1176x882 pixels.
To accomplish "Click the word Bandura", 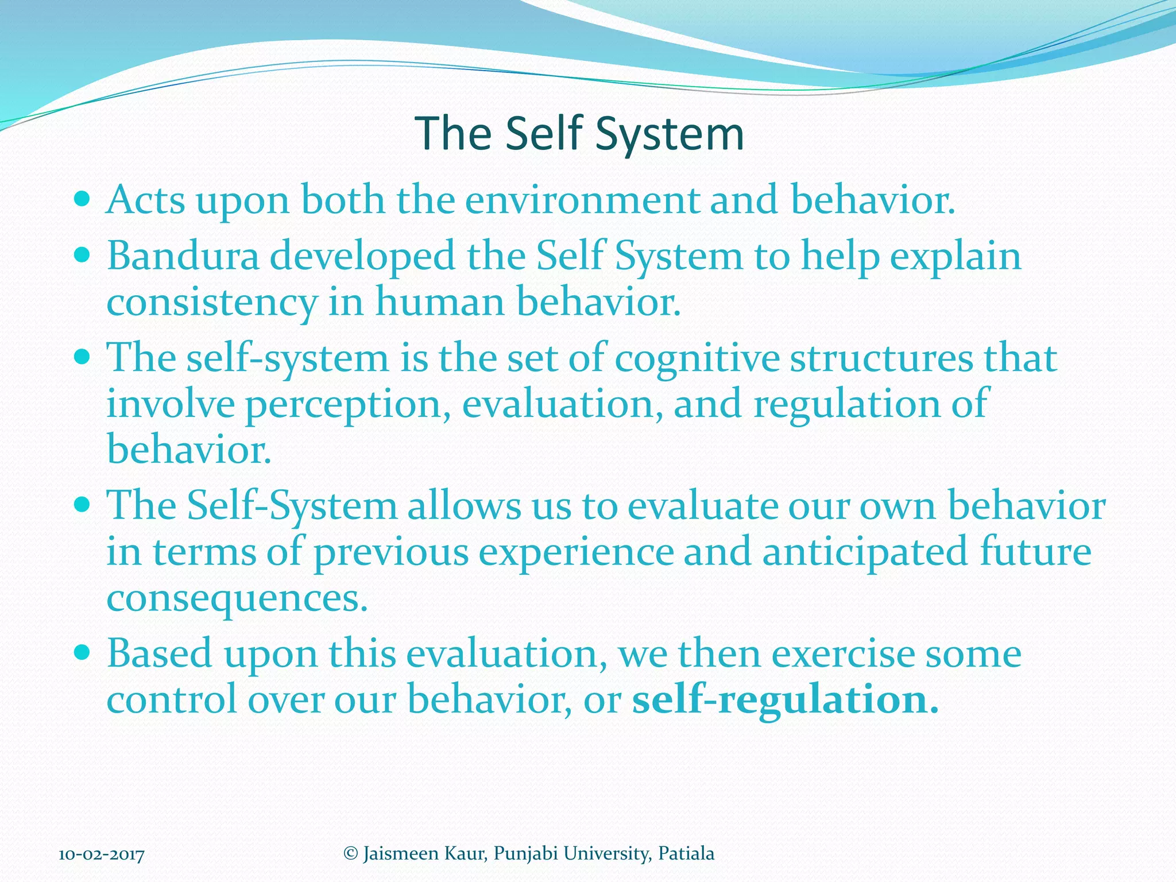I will pos(183,256).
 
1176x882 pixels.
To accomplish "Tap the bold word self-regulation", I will pos(785,700).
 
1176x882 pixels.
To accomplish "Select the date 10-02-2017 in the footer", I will pos(102,854).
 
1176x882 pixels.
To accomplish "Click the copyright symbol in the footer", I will pos(350,853).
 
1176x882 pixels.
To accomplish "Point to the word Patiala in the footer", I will pos(686,854).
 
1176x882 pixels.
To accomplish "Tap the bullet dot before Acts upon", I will pos(83,199).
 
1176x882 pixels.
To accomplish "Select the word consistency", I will pos(212,303).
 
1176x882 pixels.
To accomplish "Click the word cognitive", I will pos(697,358).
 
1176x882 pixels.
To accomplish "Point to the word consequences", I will pos(237,598).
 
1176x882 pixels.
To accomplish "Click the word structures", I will pos(881,358).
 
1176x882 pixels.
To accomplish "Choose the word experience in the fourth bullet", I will pos(576,552).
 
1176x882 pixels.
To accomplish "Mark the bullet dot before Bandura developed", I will pos(83,254).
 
